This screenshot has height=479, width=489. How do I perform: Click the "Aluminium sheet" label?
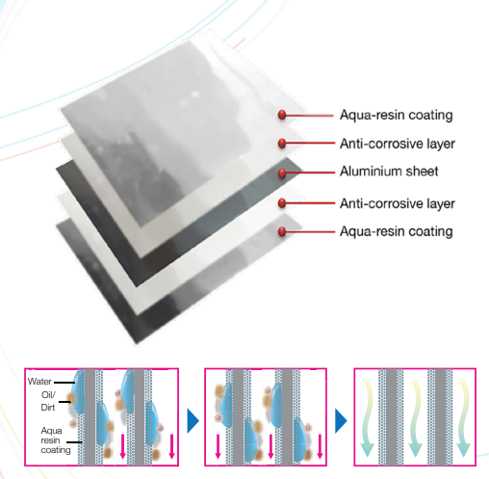click(x=389, y=172)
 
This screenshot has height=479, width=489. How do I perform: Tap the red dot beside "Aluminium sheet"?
click(x=282, y=173)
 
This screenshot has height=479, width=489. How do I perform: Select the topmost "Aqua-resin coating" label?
click(x=397, y=116)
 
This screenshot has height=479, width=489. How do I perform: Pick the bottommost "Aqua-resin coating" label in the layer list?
click(x=397, y=231)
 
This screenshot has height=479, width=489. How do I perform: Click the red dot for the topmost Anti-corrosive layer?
click(x=282, y=144)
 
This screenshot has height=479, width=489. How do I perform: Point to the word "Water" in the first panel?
click(x=39, y=382)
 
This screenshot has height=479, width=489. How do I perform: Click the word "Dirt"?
click(x=48, y=408)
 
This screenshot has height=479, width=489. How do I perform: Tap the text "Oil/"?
click(x=48, y=394)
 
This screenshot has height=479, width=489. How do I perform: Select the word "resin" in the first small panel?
click(x=50, y=440)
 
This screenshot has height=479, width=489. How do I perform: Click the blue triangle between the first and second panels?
click(x=193, y=420)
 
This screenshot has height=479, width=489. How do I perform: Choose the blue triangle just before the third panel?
click(x=341, y=420)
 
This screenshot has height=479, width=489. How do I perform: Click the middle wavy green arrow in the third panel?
click(x=415, y=417)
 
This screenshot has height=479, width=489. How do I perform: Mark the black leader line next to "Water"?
click(x=64, y=383)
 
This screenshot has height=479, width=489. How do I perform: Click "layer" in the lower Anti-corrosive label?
click(x=441, y=203)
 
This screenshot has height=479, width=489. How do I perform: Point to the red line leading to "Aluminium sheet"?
click(x=310, y=173)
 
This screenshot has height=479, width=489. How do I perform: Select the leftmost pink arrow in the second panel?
click(x=218, y=446)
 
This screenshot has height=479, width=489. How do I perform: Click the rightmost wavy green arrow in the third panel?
click(x=463, y=417)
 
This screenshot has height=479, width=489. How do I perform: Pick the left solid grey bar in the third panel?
click(x=392, y=417)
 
